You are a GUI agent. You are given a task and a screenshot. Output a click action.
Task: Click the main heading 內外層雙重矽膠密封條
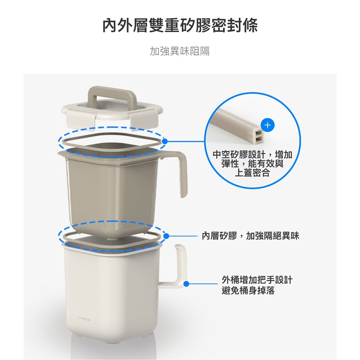(x=180, y=25)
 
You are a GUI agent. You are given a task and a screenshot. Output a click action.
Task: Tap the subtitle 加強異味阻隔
(x=180, y=51)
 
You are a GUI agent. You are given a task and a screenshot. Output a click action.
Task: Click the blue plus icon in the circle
(x=267, y=125)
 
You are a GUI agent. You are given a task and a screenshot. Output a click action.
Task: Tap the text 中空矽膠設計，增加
(x=252, y=154)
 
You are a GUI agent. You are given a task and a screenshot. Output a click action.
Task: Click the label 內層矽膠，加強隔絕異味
(x=251, y=236)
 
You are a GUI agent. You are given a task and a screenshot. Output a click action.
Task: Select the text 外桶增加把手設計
(x=257, y=280)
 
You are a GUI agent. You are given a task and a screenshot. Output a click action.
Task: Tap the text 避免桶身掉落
(x=248, y=291)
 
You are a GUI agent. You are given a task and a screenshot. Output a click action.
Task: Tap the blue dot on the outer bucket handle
(x=186, y=284)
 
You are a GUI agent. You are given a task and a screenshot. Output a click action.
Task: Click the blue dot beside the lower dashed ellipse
(x=166, y=236)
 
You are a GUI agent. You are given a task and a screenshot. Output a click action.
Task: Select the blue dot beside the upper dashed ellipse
(x=165, y=141)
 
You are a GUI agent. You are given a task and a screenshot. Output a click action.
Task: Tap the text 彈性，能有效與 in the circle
(x=252, y=164)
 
